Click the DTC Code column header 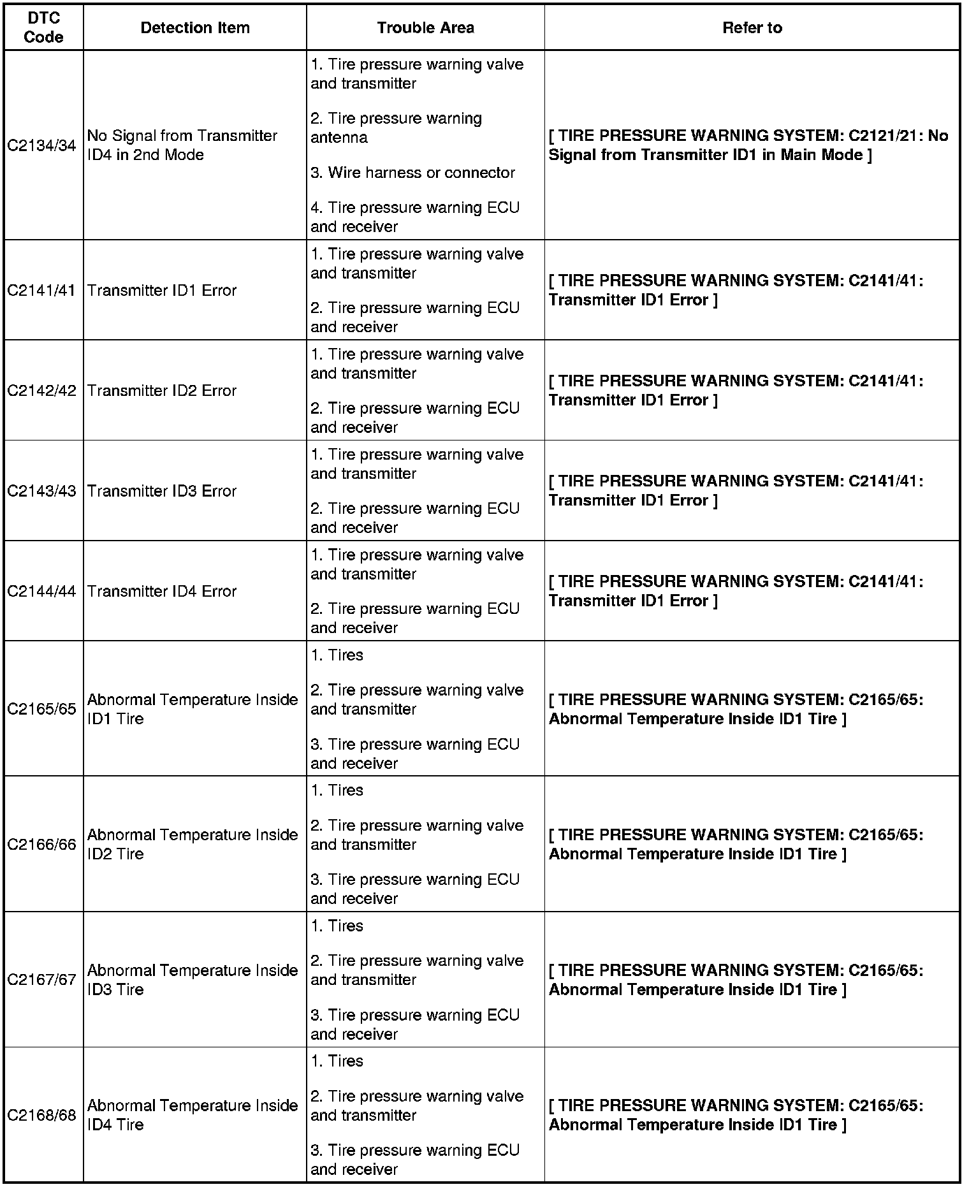(43, 28)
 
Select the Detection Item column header (194, 28)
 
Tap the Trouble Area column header (425, 28)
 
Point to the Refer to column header (752, 28)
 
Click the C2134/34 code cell (42, 146)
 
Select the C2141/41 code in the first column (42, 291)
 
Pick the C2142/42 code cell (42, 391)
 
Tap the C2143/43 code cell (42, 492)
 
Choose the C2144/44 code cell (42, 592)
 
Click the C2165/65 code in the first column (42, 710)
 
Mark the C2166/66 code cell (42, 845)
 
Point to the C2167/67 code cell (42, 980)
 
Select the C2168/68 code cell (42, 1116)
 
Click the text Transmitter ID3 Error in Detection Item (162, 492)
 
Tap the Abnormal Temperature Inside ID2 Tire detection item (193, 845)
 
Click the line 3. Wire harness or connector (412, 173)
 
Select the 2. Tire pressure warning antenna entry (396, 128)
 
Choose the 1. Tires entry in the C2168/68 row (337, 1061)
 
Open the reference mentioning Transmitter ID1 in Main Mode (748, 145)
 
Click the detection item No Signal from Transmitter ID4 (182, 145)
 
